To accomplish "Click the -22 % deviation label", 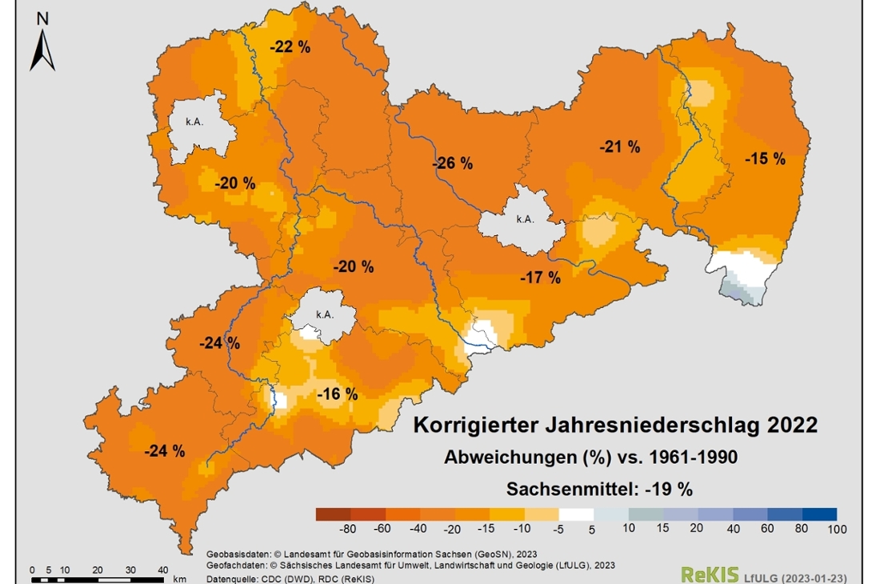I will (290, 47).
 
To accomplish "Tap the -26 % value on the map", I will (453, 163).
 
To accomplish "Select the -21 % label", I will (620, 146).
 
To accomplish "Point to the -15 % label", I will (765, 158).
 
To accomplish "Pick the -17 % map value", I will (540, 278).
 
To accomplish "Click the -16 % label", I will (337, 394).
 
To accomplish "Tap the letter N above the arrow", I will (43, 18).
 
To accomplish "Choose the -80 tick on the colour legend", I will (347, 529).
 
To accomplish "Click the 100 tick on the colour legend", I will (836, 529).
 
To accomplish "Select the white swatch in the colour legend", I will (576, 514).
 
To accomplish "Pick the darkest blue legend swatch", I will (819, 514).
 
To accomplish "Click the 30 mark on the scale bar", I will (130, 570).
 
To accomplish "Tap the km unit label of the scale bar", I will (179, 578).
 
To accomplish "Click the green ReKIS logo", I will (703, 574).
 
